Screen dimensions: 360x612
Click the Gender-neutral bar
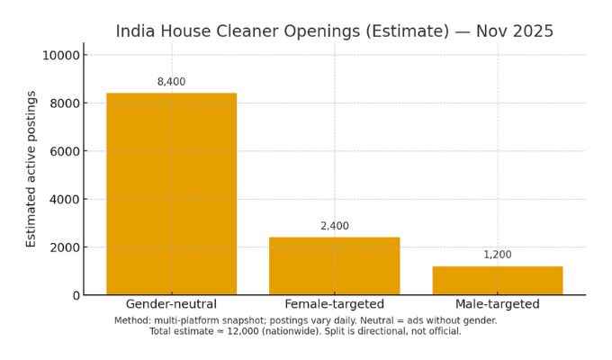click(171, 193)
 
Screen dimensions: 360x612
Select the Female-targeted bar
click(334, 265)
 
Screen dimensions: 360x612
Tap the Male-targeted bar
click(497, 280)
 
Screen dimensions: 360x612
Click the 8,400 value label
click(171, 82)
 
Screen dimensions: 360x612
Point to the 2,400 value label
click(334, 226)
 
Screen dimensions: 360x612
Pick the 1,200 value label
click(497, 255)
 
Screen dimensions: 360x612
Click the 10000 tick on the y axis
click(59, 55)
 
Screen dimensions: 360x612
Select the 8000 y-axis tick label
click(63, 103)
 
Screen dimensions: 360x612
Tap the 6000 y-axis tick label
click(63, 151)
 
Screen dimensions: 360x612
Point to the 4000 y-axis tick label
click(63, 199)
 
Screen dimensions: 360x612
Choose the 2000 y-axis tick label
click(63, 247)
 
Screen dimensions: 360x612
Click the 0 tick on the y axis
click(75, 295)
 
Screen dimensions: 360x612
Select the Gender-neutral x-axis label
click(171, 304)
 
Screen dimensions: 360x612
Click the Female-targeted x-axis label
click(334, 304)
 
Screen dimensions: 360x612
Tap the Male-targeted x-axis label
click(497, 304)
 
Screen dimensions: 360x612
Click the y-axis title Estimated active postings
click(31, 168)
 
